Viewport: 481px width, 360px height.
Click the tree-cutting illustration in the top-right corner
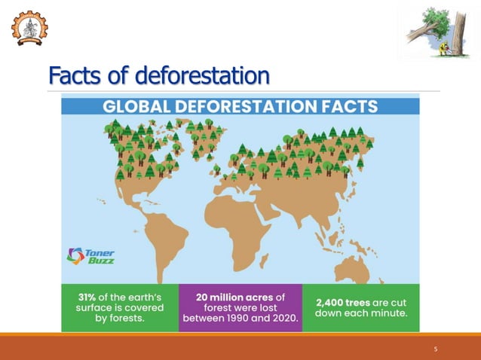click(434, 35)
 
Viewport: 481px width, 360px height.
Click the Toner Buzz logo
click(90, 255)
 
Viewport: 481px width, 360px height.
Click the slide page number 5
click(436, 349)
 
